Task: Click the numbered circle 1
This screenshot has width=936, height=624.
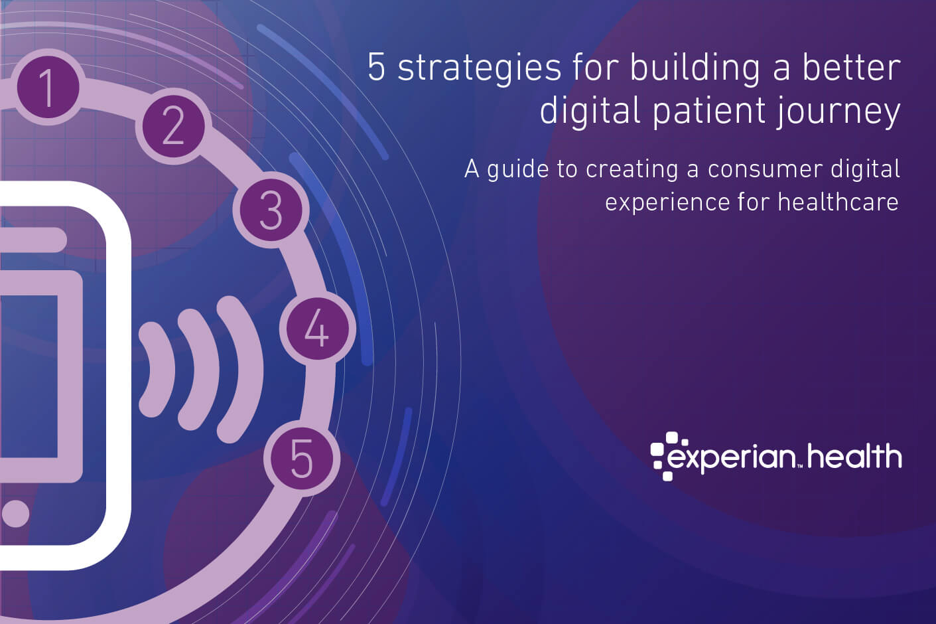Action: tap(48, 87)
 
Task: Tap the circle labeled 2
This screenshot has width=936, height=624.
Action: tap(173, 126)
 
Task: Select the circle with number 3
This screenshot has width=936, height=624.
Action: tap(271, 210)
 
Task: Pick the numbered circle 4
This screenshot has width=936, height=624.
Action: tap(318, 329)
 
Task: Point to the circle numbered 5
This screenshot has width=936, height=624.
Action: tap(302, 458)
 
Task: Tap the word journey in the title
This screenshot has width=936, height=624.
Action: tap(838, 112)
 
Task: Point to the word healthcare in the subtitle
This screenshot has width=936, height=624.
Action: tap(838, 202)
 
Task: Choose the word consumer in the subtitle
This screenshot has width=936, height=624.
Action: tap(765, 170)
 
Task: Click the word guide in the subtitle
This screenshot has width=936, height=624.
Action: tap(517, 170)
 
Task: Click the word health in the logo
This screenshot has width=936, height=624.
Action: tap(854, 455)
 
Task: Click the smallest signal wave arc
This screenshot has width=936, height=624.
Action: tap(158, 369)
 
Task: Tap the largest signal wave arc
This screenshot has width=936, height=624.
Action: tap(242, 369)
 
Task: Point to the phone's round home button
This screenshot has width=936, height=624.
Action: tap(15, 513)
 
